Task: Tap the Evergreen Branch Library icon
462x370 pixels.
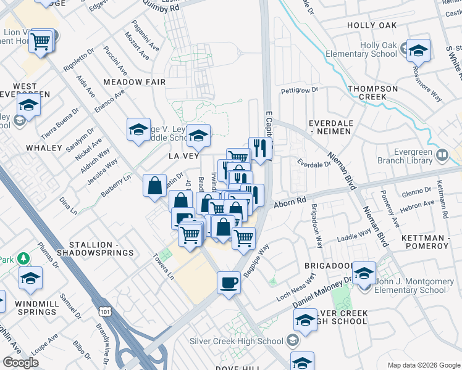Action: [442, 154]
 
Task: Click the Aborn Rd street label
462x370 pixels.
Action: [290, 202]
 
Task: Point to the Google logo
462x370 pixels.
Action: [20, 363]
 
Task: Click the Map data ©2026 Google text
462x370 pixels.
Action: [424, 365]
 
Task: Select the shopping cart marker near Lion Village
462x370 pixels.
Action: [41, 42]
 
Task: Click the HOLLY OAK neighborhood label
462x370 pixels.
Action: [371, 25]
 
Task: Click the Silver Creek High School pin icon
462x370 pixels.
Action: [292, 340]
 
